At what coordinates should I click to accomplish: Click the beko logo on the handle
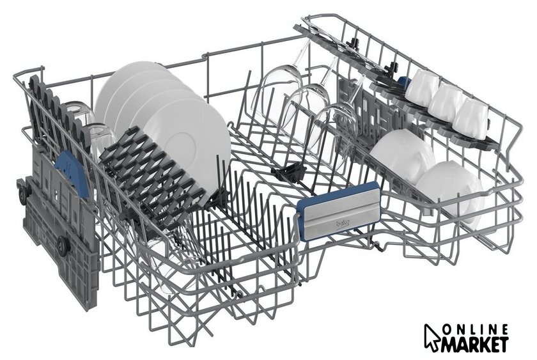pyautogui.click(x=342, y=224)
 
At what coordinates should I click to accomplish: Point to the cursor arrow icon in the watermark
pyautogui.click(x=432, y=337)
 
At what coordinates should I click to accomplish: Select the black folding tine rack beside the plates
pyautogui.click(x=152, y=178)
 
